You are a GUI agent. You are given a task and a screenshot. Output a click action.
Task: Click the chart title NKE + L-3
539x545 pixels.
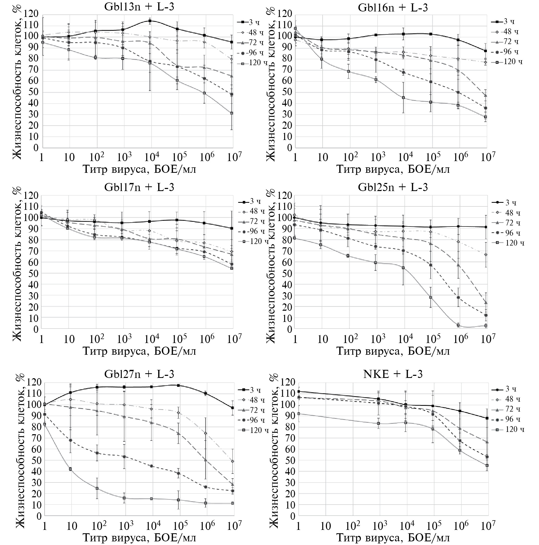(x=393, y=374)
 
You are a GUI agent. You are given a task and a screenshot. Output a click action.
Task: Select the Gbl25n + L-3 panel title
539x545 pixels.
(x=393, y=187)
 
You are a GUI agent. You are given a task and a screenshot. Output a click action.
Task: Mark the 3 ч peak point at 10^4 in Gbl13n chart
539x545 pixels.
(x=150, y=21)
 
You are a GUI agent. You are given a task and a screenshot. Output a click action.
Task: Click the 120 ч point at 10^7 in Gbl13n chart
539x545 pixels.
(x=232, y=113)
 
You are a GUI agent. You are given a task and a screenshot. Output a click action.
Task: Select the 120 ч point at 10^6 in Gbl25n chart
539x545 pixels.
(x=458, y=325)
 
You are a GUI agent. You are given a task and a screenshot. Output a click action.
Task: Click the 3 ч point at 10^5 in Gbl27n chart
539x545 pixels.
(x=178, y=385)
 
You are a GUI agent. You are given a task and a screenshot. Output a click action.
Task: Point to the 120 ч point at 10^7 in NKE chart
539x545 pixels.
(x=487, y=466)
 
